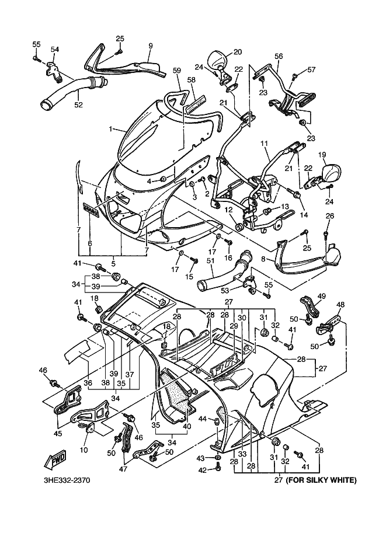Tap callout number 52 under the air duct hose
(x=78, y=104)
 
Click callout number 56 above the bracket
(x=279, y=57)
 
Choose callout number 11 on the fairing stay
(x=263, y=143)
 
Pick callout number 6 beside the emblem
(x=89, y=243)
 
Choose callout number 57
(x=311, y=70)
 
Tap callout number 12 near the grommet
(x=228, y=210)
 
